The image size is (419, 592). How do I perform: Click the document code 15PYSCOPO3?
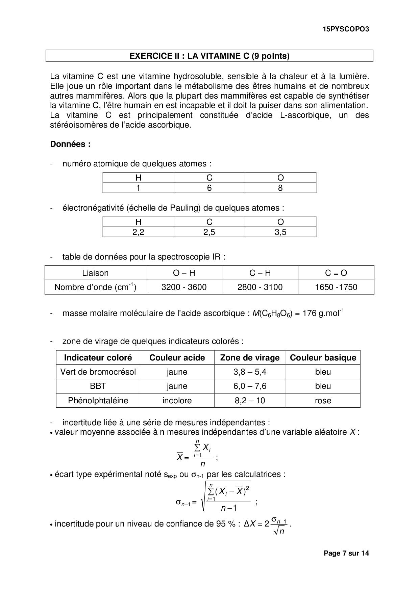point(346,29)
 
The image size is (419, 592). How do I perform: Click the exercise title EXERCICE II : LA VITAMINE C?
point(209,56)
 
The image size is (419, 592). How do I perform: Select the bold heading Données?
point(70,144)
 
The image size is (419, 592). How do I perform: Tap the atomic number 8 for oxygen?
point(280,188)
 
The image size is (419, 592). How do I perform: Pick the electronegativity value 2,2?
point(138,232)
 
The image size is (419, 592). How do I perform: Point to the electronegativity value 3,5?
point(280,232)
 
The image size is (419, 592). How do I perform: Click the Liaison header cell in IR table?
point(95,273)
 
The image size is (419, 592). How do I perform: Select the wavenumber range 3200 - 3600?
point(184,287)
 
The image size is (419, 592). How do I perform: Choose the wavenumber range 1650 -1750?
point(336,287)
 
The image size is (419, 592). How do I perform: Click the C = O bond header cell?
point(336,273)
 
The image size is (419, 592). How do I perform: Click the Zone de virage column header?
point(250,358)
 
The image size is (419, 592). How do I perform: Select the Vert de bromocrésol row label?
point(98,372)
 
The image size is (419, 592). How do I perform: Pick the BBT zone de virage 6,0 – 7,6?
point(250,386)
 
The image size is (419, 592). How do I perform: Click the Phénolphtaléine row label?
point(98,401)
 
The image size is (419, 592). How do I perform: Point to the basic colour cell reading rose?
point(323,401)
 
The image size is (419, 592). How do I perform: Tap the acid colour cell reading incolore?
point(177,401)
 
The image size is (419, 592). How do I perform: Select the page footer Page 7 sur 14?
point(346,553)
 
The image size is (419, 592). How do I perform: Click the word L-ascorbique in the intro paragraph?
point(304,115)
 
